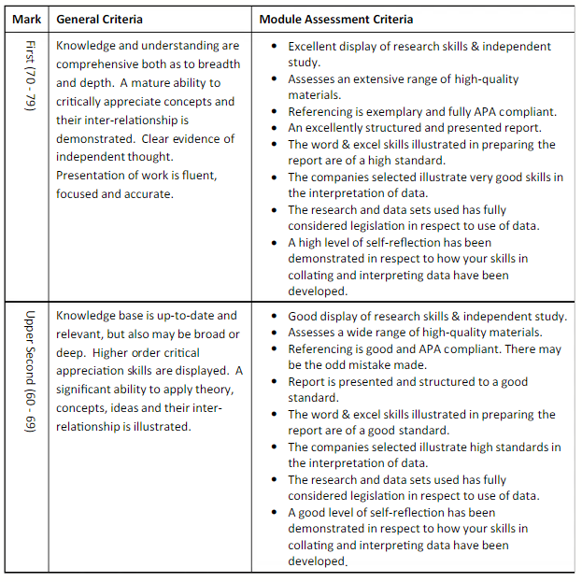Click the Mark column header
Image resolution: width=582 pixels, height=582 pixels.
pyautogui.click(x=26, y=19)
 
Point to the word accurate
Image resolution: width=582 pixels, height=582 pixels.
pyautogui.click(x=149, y=194)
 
